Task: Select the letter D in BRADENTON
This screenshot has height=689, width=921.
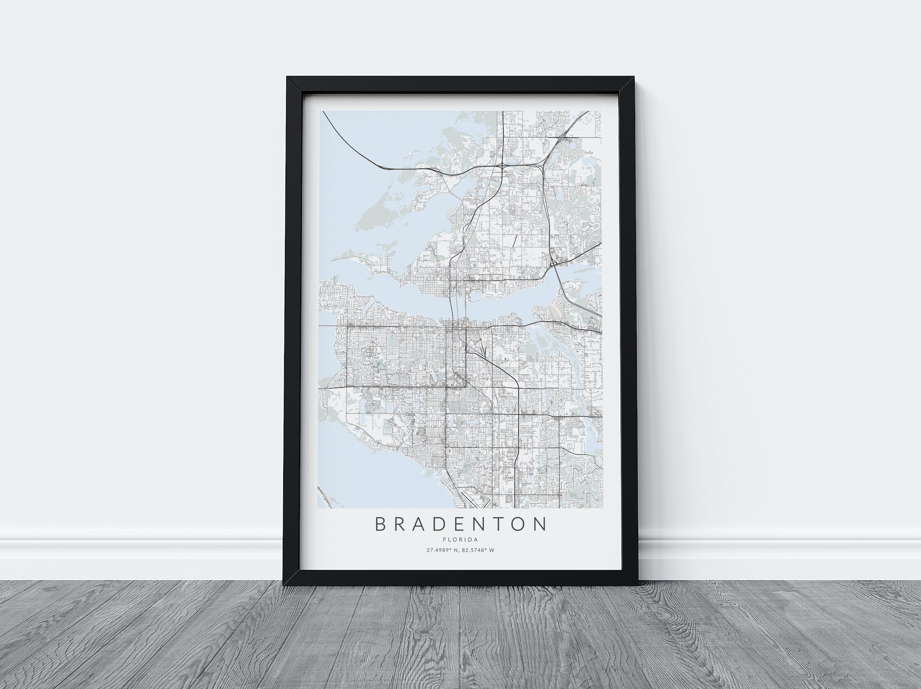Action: tap(448, 524)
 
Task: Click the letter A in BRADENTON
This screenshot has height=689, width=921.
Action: tap(426, 524)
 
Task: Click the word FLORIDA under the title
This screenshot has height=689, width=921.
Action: tap(460, 540)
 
